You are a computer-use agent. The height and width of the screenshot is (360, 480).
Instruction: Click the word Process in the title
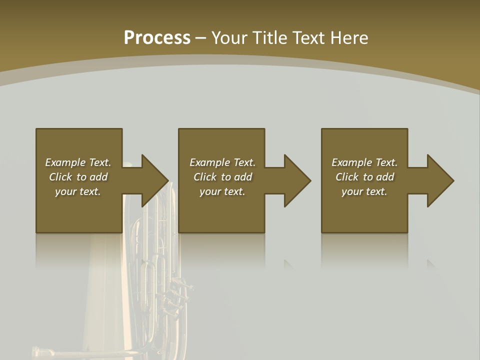(157, 37)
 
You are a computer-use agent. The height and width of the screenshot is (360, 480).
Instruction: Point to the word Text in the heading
(309, 37)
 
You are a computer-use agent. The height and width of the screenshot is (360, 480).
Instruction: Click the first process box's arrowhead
(152, 180)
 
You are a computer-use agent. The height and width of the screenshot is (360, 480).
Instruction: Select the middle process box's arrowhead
(295, 180)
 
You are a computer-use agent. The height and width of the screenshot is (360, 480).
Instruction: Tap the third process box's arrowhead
(438, 180)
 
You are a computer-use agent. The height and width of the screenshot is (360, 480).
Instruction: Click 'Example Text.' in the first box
(78, 162)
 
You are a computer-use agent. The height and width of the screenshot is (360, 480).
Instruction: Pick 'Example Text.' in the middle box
(222, 162)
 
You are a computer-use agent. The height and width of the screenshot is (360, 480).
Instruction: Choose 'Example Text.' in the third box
(364, 162)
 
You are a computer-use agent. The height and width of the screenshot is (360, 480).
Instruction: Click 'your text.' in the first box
(78, 191)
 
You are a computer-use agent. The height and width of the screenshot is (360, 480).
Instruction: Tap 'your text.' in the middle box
(222, 191)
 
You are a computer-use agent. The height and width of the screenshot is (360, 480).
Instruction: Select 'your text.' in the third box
(364, 191)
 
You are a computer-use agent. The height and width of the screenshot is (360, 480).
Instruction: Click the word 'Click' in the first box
(60, 177)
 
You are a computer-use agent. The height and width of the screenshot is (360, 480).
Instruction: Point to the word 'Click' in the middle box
(205, 177)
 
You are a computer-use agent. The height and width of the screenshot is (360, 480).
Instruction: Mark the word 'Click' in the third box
(347, 177)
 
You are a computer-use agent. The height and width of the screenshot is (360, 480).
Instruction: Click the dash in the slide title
(201, 38)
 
